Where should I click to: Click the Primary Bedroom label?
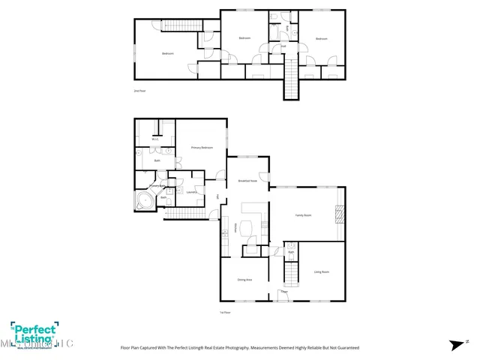[x=202, y=148]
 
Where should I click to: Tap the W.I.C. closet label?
[x=155, y=139]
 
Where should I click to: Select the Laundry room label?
[x=181, y=193]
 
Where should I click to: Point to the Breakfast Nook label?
[x=247, y=181]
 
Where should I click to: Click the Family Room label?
[x=303, y=215]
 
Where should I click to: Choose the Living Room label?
[x=321, y=271]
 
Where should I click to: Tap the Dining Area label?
[x=244, y=279]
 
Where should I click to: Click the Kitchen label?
[x=237, y=227]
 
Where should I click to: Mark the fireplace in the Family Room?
[x=340, y=215]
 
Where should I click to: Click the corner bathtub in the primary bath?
[x=144, y=201]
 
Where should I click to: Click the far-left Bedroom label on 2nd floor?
[x=168, y=53]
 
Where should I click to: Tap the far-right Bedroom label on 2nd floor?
[x=321, y=38]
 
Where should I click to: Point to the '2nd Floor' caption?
[x=139, y=90]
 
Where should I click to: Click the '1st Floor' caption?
[x=224, y=311]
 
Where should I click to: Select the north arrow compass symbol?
[x=455, y=345]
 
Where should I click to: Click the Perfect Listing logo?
[x=34, y=334]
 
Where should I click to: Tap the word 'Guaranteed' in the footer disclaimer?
[x=346, y=348]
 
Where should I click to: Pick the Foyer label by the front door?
[x=284, y=291]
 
